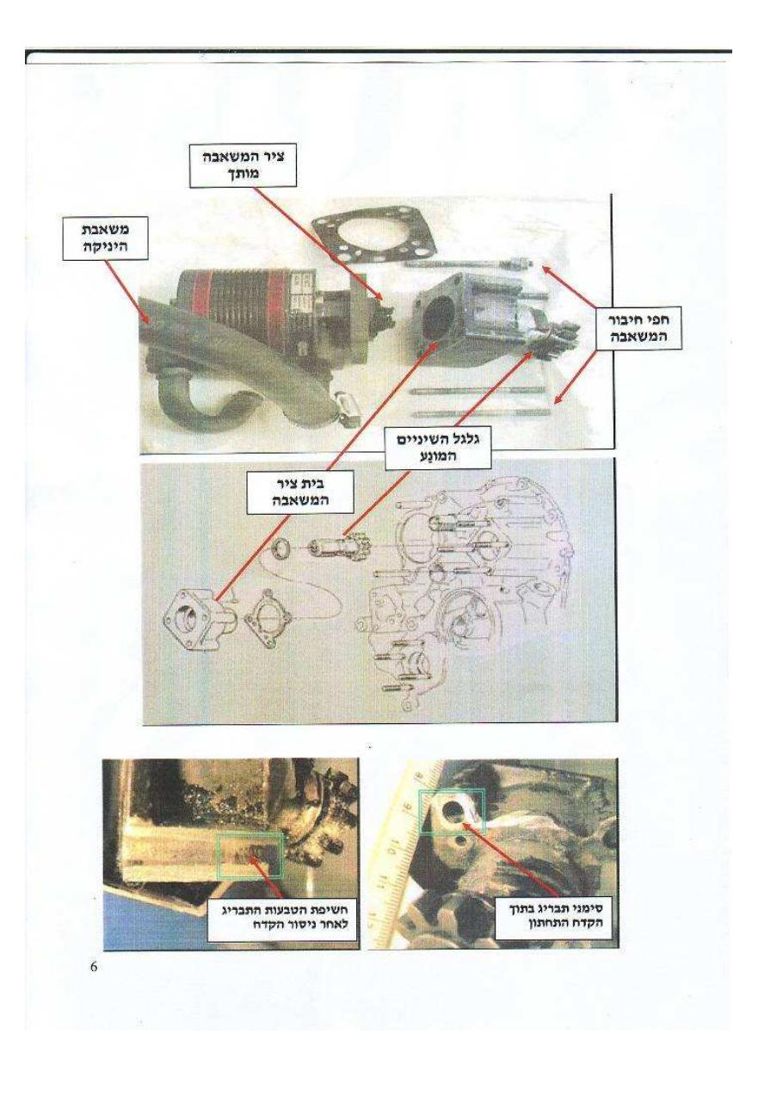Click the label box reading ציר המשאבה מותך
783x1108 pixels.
[x=243, y=164]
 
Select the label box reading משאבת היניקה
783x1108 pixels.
[x=105, y=238]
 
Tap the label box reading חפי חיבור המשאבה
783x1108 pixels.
[x=638, y=328]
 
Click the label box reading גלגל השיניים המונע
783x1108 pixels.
[x=437, y=448]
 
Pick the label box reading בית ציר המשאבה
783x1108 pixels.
[x=300, y=492]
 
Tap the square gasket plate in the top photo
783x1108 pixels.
[x=374, y=238]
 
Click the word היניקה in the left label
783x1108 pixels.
[x=105, y=246]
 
